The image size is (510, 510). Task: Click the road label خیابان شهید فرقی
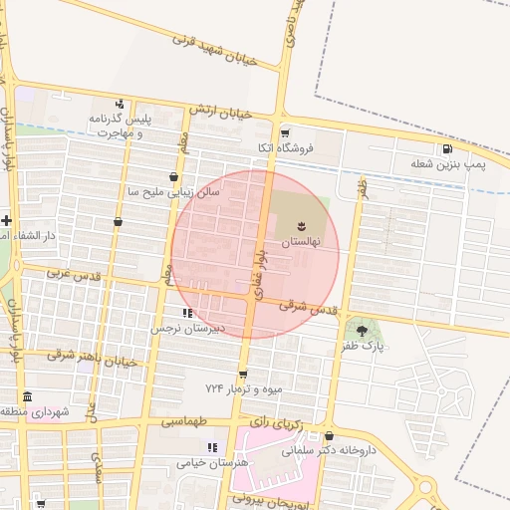pyautogui.click(x=214, y=50)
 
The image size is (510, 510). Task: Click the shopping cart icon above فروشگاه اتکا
pyautogui.click(x=285, y=132)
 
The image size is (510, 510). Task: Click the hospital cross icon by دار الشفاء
pyautogui.click(x=7, y=219)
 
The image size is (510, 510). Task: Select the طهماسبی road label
pyautogui.click(x=186, y=421)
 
